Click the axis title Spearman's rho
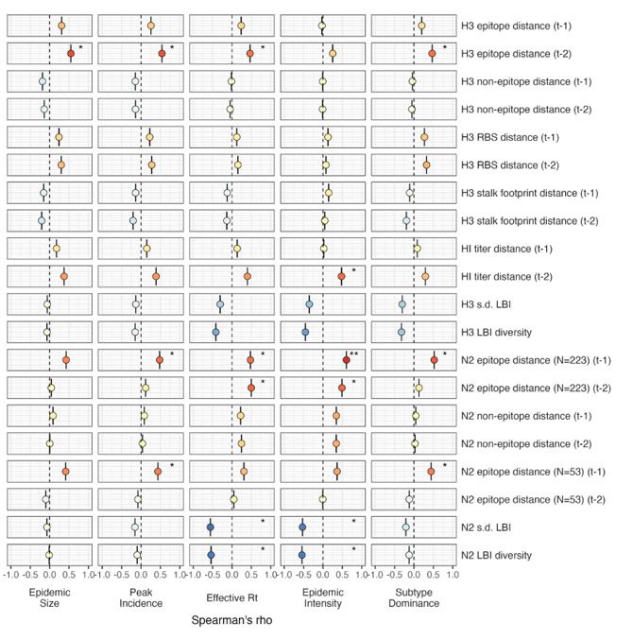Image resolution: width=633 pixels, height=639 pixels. [x=232, y=625]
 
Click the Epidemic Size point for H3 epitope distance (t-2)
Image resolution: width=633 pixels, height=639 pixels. [x=71, y=54]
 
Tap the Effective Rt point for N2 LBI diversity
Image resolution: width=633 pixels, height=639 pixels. [x=212, y=555]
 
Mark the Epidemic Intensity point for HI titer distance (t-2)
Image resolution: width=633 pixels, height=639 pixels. [x=342, y=276]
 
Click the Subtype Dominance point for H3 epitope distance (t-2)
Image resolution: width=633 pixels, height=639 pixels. [x=432, y=54]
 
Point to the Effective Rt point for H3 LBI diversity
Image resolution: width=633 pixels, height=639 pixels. [x=215, y=332]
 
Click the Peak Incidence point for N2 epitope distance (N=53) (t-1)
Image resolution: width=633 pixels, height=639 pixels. [x=158, y=471]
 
